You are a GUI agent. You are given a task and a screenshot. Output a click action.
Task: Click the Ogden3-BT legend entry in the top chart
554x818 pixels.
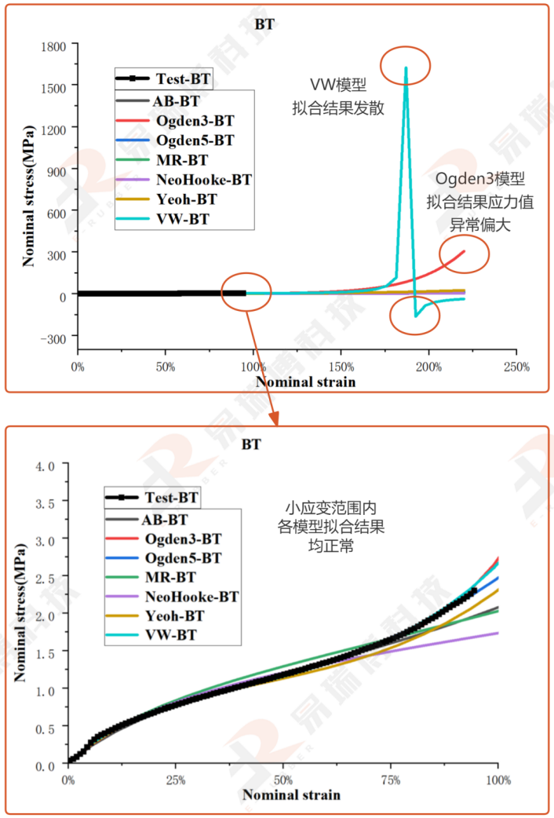click(195, 121)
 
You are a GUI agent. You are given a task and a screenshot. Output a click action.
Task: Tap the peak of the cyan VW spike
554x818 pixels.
click(406, 68)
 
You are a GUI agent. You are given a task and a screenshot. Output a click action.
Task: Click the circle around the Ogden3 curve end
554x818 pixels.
click(464, 253)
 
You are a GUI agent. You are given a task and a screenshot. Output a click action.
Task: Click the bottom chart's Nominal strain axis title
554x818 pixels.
click(291, 794)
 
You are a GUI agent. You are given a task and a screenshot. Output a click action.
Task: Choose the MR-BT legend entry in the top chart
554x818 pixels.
click(184, 159)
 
